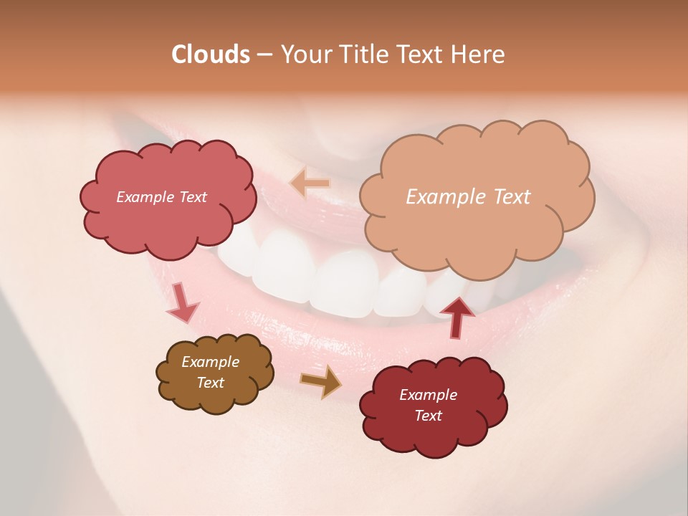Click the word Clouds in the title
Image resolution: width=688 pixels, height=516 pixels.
click(210, 54)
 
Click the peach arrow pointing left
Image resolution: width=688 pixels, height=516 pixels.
click(310, 183)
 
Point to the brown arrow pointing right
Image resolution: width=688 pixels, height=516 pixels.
click(322, 382)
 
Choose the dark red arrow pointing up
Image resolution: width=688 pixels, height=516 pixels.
click(457, 317)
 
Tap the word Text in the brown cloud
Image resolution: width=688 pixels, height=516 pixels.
click(210, 383)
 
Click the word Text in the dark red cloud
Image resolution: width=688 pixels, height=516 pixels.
click(428, 416)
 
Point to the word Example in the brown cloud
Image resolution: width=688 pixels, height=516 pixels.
click(210, 362)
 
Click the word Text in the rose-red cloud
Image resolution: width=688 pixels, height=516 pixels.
click(192, 197)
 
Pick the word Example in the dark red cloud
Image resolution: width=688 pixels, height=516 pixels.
click(428, 395)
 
